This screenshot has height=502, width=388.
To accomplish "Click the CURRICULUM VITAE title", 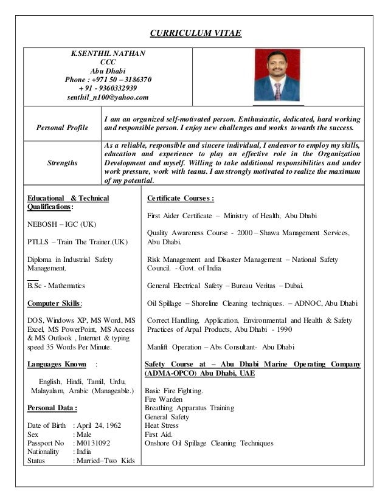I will coord(195,32).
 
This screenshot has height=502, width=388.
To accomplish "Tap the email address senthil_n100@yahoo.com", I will coord(108,97).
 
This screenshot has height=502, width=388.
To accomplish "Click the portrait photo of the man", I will coord(277,75).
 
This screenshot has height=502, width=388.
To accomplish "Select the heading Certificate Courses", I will coord(180,198).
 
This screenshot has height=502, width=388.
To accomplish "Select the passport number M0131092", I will coord(95,443).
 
